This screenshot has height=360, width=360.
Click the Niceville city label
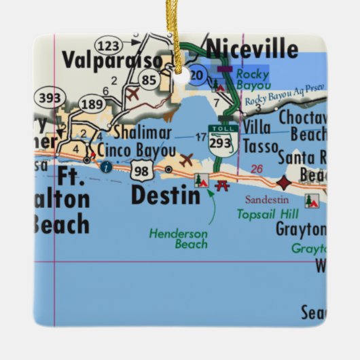(252, 49)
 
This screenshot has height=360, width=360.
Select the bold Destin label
(165, 195)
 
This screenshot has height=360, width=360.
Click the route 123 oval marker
(110, 45)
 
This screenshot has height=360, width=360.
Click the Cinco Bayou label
(132, 149)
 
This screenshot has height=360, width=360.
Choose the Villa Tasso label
(261, 137)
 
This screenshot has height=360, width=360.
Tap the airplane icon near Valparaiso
(132, 94)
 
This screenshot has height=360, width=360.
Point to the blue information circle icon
(104, 166)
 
